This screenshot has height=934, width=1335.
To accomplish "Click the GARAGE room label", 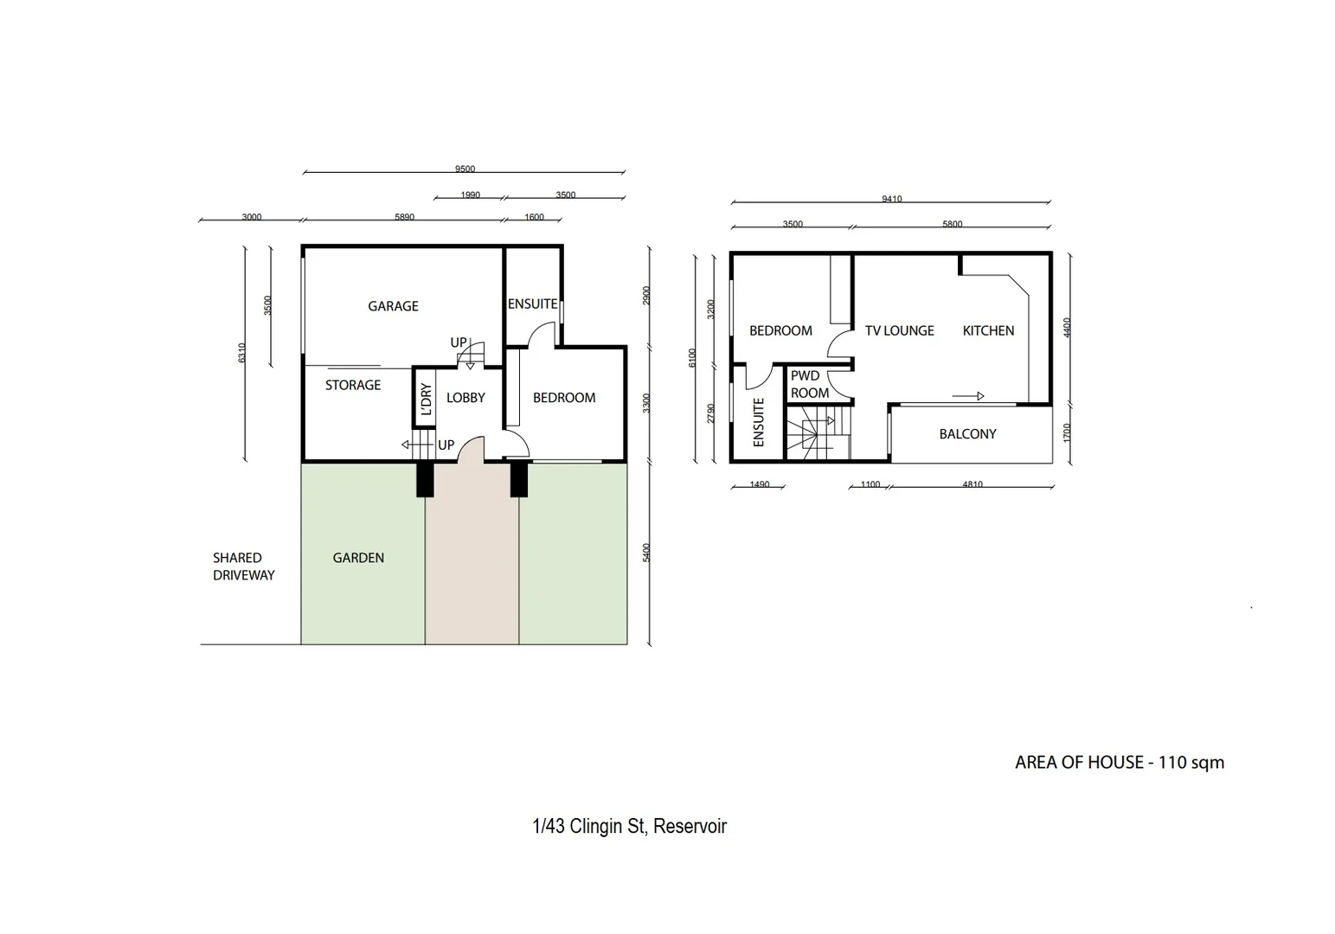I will [x=393, y=306].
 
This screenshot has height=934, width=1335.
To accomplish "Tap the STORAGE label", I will [x=352, y=385].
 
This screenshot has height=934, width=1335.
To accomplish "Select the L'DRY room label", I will [x=426, y=399].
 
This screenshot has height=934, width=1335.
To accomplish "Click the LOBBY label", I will [x=465, y=398].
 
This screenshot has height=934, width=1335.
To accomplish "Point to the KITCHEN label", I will [x=988, y=330].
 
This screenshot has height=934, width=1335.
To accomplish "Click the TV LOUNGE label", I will [x=899, y=330].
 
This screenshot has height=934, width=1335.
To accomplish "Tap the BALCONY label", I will [x=967, y=434].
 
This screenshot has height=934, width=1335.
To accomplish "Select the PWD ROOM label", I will [x=809, y=385].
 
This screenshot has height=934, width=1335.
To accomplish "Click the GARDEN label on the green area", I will [x=358, y=558].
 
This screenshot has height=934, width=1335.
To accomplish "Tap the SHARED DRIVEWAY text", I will [x=243, y=566].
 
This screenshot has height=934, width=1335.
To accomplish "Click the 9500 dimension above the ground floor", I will [x=465, y=170].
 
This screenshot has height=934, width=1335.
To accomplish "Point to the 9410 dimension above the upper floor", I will [x=891, y=199].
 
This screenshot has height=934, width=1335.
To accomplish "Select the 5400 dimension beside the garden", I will [x=646, y=553].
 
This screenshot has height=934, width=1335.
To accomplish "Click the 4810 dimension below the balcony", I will [x=972, y=485].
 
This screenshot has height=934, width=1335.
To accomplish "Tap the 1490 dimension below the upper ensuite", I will [x=759, y=485].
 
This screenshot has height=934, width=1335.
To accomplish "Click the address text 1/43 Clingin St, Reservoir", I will [x=629, y=826].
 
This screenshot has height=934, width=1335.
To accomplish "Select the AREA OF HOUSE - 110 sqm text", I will [x=1119, y=763].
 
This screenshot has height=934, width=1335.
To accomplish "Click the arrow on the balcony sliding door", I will [x=969, y=396].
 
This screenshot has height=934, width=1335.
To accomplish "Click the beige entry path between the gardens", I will [x=472, y=571].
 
